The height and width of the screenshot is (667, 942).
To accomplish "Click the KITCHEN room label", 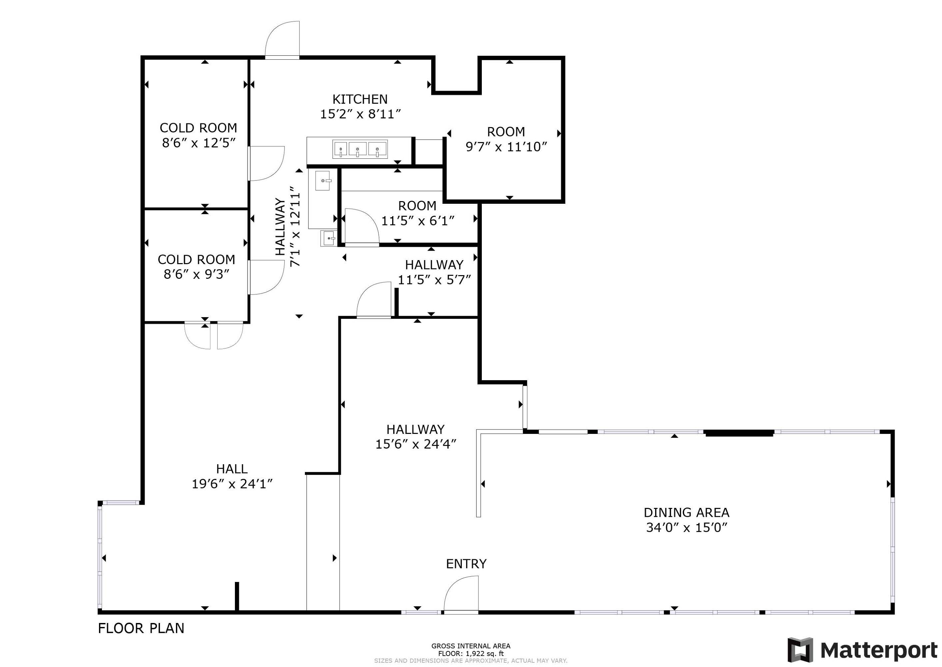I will pyautogui.click(x=360, y=99).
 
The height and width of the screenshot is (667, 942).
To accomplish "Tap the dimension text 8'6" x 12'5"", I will pyautogui.click(x=199, y=143).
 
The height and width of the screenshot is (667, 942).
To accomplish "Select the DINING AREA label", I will pyautogui.click(x=686, y=512).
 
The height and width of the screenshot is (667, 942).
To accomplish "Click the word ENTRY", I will pyautogui.click(x=466, y=564).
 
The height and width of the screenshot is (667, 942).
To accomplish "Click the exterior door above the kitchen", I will pyautogui.click(x=282, y=41).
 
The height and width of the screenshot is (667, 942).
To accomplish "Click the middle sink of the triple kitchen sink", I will pyautogui.click(x=357, y=149).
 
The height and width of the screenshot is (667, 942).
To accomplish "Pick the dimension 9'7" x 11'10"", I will pyautogui.click(x=506, y=147).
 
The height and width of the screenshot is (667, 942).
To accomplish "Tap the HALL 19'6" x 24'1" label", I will pyautogui.click(x=232, y=477).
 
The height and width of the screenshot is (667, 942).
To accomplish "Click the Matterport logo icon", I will pyautogui.click(x=800, y=650).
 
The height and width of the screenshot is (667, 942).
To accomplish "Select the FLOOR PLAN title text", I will pyautogui.click(x=141, y=628).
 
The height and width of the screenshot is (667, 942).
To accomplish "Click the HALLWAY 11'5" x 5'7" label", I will pyautogui.click(x=434, y=272).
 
